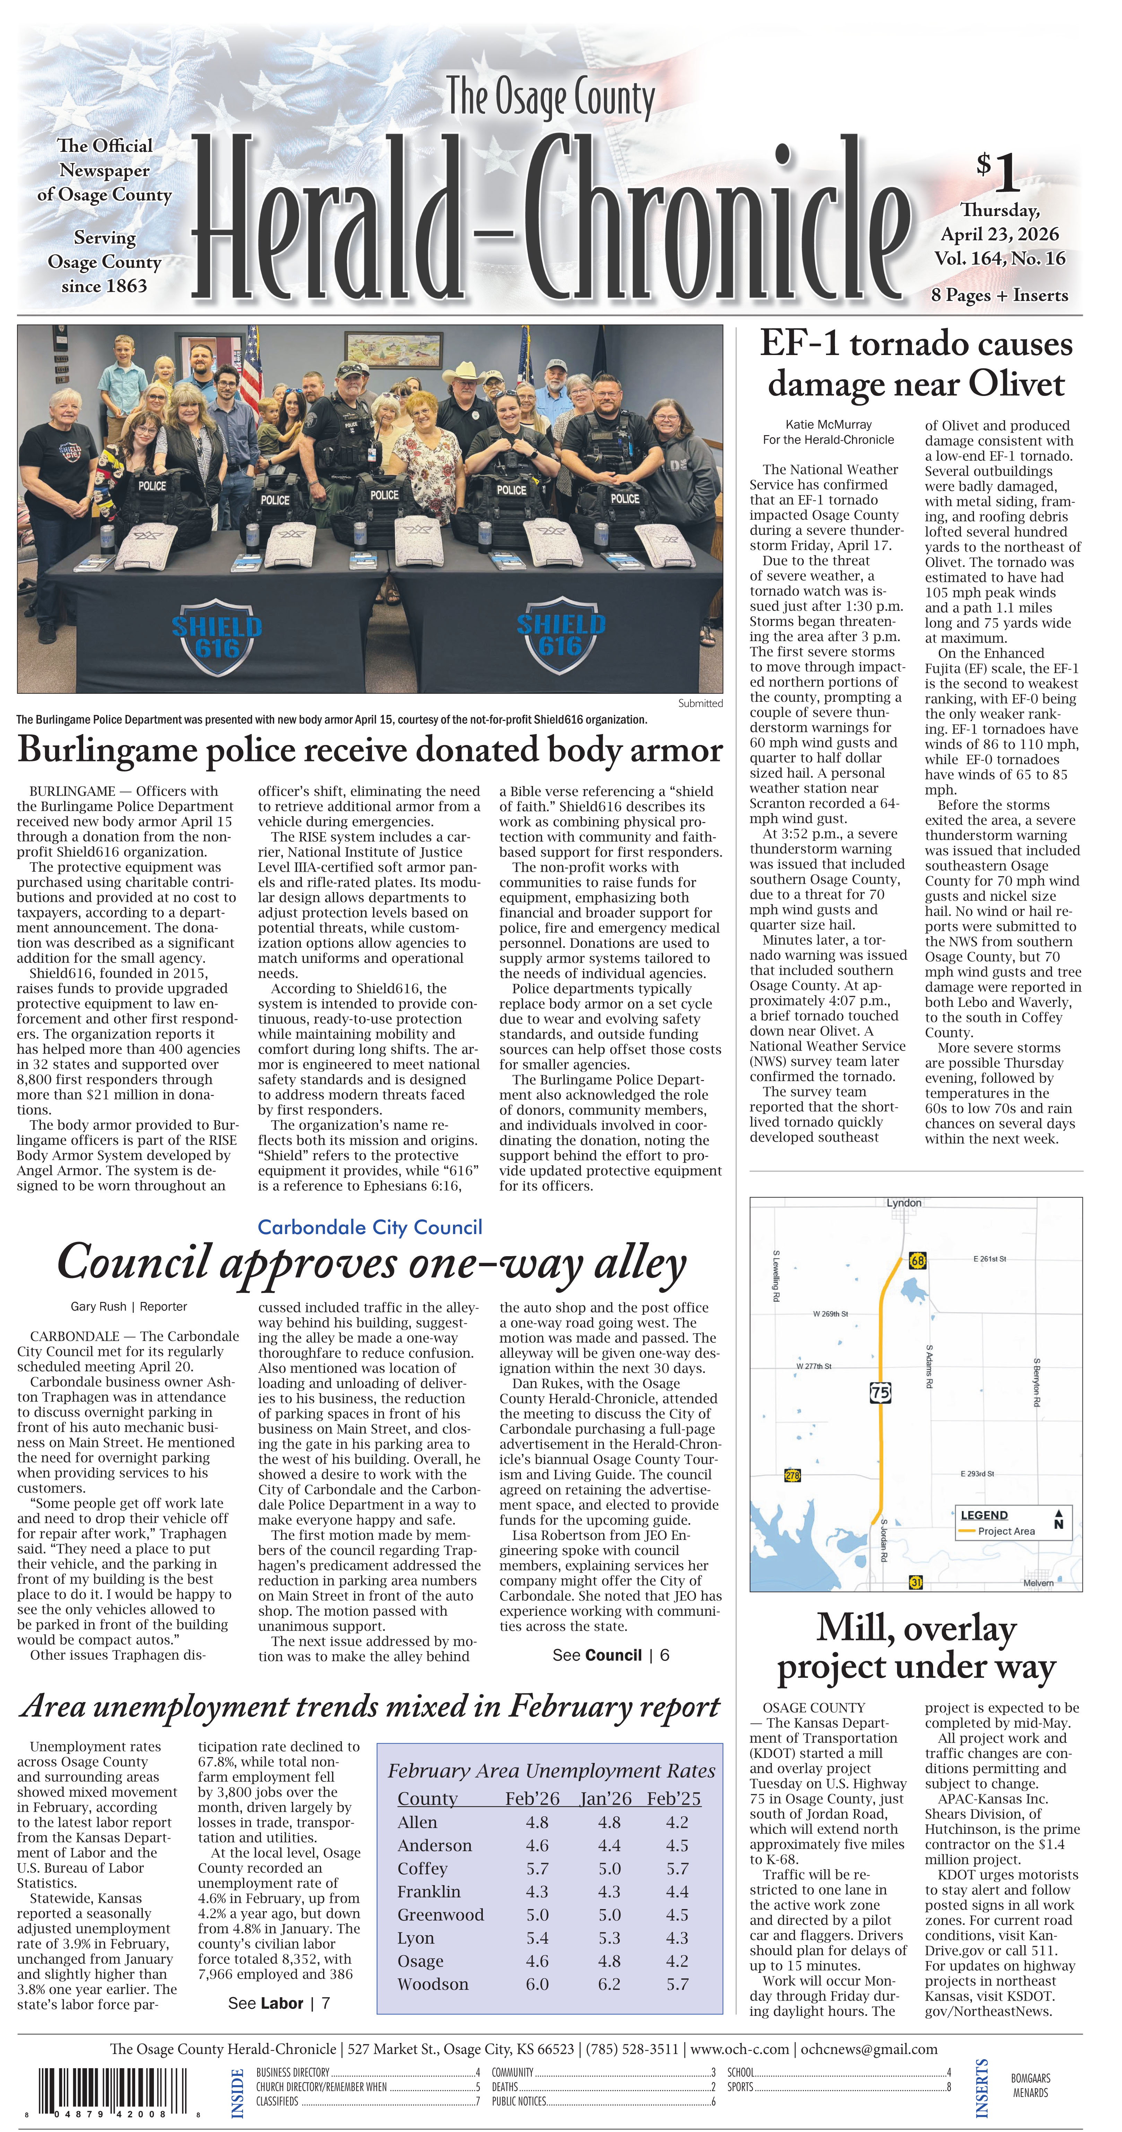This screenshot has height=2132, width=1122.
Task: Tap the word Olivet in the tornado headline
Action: pos(1016,385)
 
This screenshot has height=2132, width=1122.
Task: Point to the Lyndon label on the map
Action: pos(904,1202)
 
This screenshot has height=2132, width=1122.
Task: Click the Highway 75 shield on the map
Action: pos(880,1392)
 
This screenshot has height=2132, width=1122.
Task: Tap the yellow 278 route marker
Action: pos(792,1475)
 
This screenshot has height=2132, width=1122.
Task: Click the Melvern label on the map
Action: pos(1038,1582)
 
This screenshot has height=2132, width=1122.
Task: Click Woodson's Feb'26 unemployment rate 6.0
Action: pos(537,1984)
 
